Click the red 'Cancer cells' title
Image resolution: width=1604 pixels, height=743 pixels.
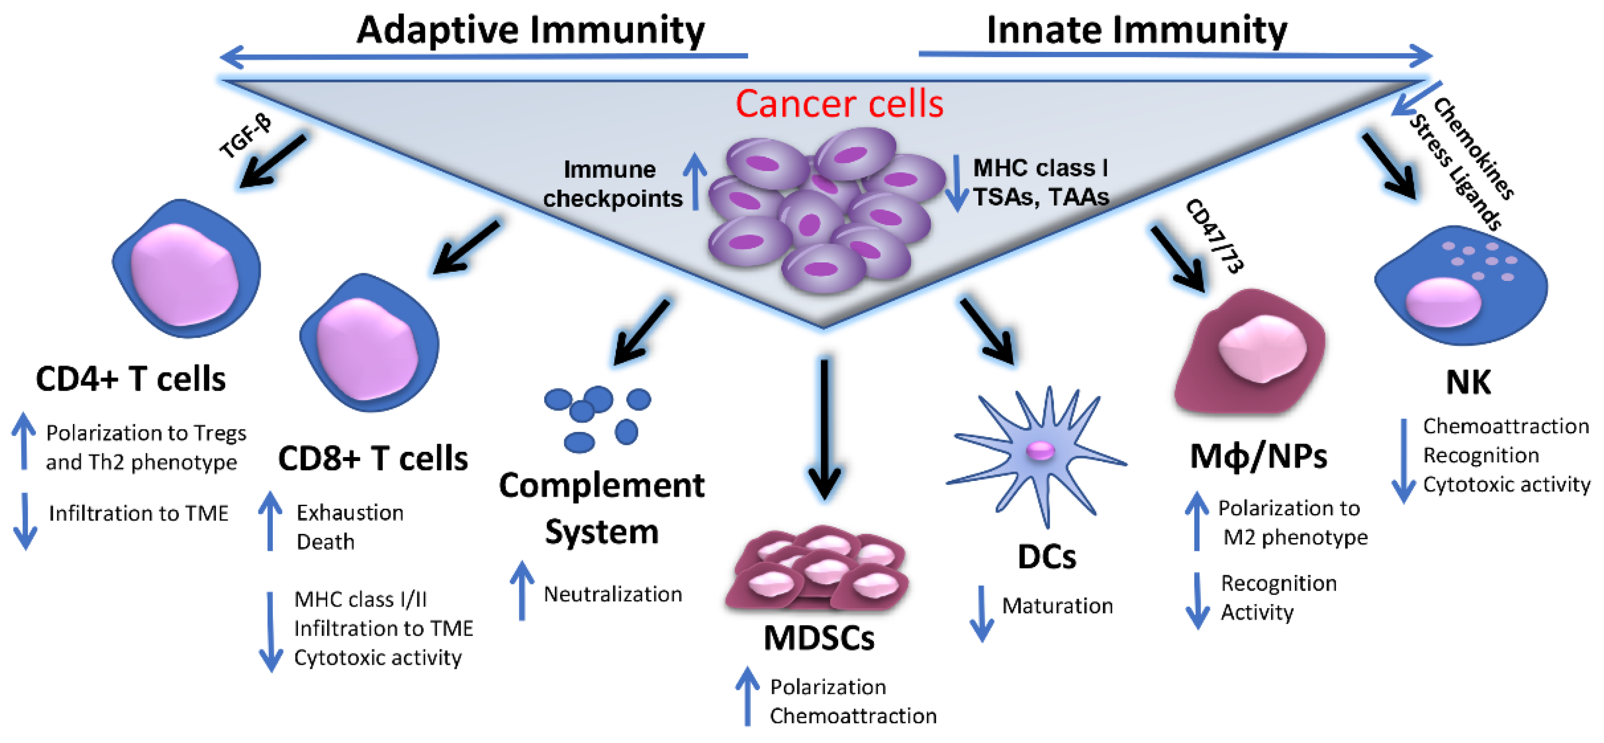(839, 103)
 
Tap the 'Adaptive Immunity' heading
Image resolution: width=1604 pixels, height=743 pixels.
(530, 30)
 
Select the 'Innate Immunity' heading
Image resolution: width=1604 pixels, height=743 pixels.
(1137, 30)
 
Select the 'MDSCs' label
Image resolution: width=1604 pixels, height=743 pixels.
(819, 638)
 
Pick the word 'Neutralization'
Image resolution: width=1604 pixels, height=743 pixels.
(612, 594)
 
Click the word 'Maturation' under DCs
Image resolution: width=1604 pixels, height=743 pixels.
(1057, 605)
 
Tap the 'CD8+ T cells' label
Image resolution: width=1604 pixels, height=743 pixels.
(372, 459)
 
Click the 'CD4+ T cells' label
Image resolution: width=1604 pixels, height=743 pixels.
(131, 379)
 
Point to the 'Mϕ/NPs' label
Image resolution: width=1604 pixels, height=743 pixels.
(1258, 457)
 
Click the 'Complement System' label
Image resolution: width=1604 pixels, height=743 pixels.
(601, 508)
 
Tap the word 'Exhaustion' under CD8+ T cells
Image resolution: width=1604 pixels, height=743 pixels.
(350, 512)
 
